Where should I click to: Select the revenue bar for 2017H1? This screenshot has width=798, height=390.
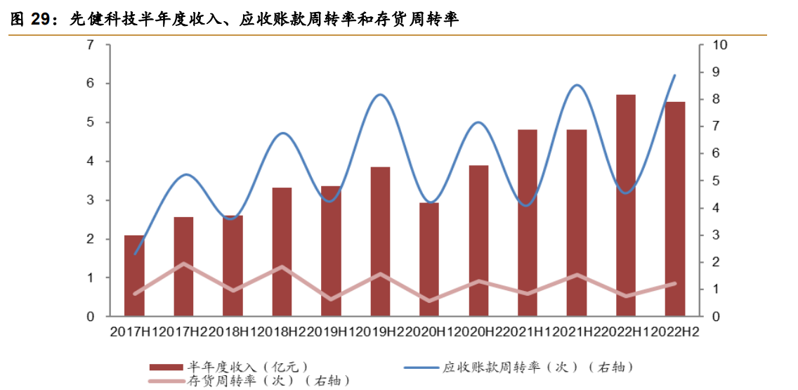pyautogui.click(x=134, y=276)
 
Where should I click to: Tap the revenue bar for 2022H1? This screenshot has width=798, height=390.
pyautogui.click(x=626, y=205)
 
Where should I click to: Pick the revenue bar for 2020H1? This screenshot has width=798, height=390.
pyautogui.click(x=429, y=259)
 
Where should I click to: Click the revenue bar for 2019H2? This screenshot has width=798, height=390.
pyautogui.click(x=380, y=242)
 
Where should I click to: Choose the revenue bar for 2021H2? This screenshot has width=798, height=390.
pyautogui.click(x=577, y=223)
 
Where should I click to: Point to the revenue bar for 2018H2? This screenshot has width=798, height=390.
pyautogui.click(x=282, y=252)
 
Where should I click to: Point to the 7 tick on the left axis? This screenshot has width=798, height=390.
pyautogui.click(x=91, y=45)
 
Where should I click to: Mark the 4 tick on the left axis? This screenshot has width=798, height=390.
pyautogui.click(x=91, y=162)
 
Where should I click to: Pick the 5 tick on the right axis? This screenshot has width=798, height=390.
pyautogui.click(x=717, y=181)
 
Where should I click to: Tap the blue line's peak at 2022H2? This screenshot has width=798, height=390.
pyautogui.click(x=675, y=75)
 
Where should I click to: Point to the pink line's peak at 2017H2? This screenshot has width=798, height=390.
pyautogui.click(x=183, y=264)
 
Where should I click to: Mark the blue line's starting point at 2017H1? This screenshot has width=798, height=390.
pyautogui.click(x=134, y=254)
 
